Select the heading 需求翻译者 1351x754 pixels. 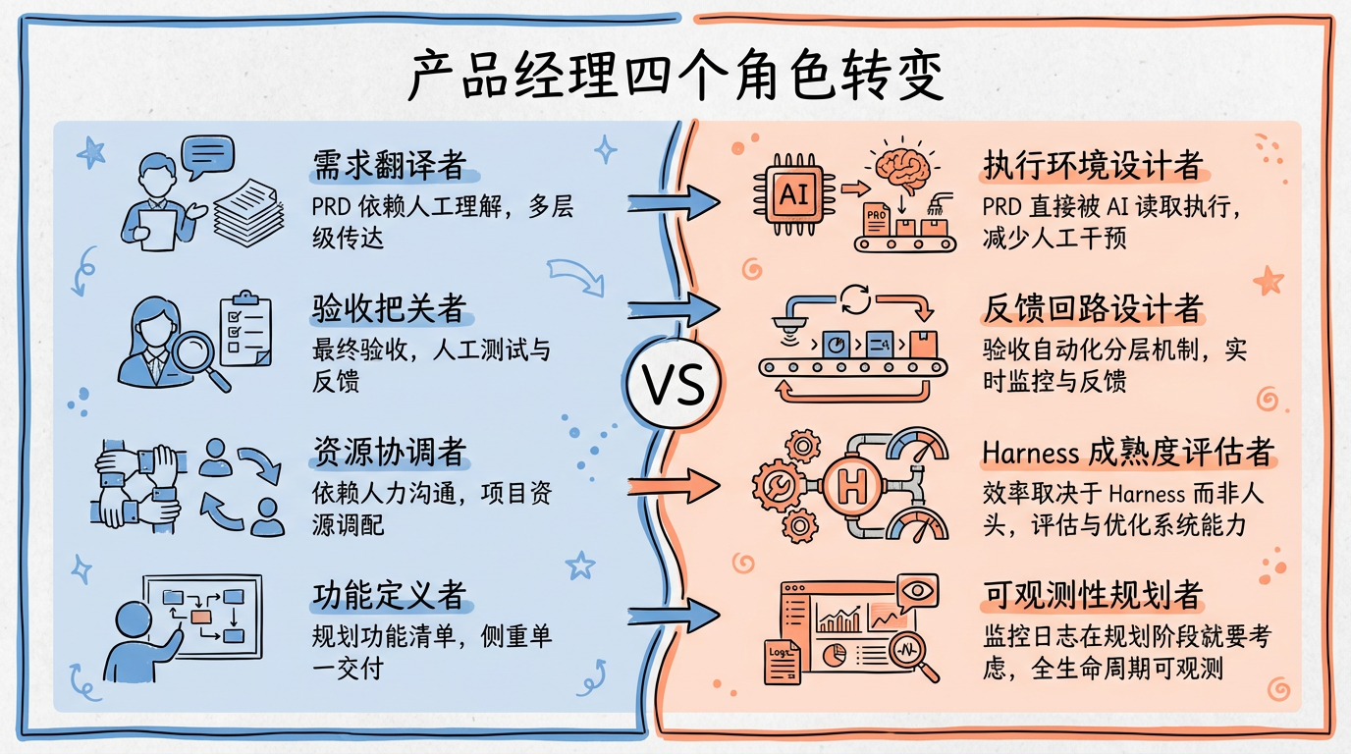[389, 164]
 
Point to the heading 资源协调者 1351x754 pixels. [389, 452]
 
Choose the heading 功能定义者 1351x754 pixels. [389, 595]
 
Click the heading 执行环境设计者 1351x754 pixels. [1093, 166]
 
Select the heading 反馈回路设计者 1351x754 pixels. [1093, 309]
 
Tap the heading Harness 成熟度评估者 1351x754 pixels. [1127, 452]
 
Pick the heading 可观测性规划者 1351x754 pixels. [1093, 595]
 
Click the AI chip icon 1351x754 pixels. [791, 193]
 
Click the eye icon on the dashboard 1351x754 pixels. [916, 592]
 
